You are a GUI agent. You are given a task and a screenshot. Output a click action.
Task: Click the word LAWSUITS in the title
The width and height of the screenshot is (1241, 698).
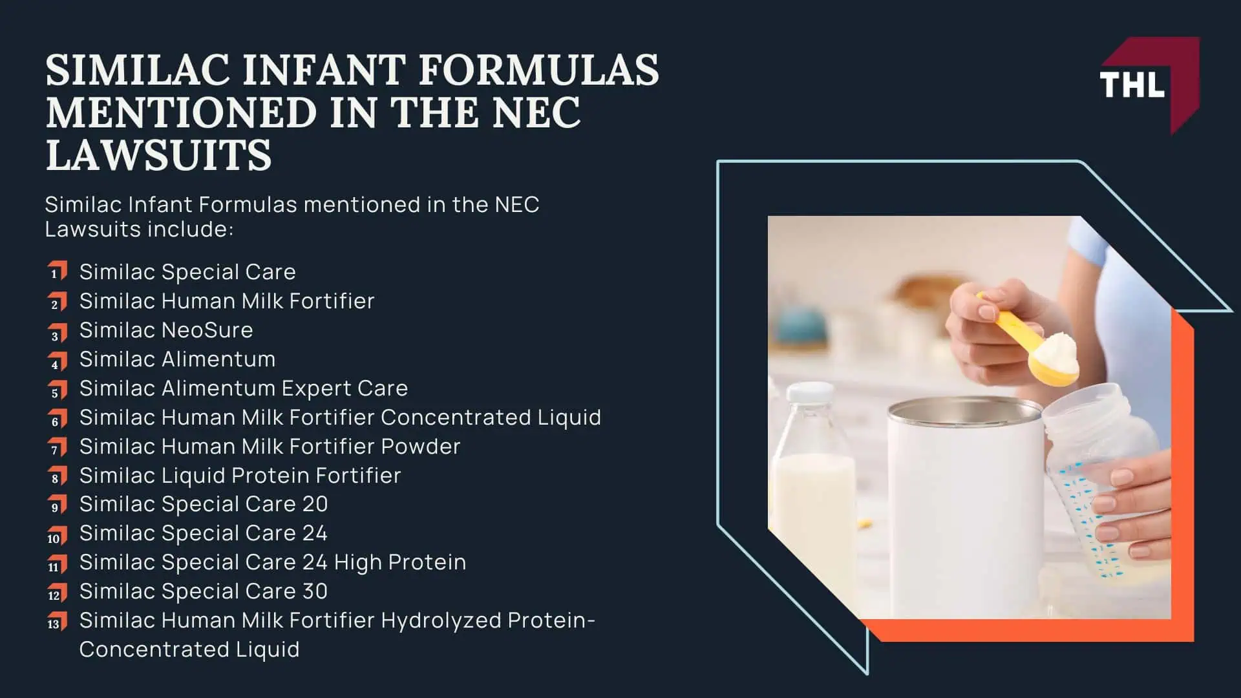coord(158,155)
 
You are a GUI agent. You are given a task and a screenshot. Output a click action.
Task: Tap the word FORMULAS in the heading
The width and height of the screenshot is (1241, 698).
coord(539,70)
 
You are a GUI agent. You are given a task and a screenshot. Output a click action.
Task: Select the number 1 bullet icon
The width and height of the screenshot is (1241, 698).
coord(57,271)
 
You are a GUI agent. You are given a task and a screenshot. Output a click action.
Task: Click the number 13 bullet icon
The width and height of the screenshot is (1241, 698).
coord(57,622)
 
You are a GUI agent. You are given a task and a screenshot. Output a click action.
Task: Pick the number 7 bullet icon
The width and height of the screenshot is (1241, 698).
coord(57,447)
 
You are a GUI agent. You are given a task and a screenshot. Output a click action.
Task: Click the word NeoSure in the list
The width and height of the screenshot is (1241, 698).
coord(207,330)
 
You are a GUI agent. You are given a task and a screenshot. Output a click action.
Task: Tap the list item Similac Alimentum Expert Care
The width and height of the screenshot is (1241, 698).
coord(243,388)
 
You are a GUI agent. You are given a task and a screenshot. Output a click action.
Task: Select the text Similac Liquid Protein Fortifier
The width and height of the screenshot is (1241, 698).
coord(240,476)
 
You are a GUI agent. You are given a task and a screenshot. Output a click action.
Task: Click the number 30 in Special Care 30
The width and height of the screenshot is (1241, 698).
coord(315,591)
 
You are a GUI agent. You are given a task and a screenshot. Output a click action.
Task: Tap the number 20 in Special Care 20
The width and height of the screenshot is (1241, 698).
coord(315,504)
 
